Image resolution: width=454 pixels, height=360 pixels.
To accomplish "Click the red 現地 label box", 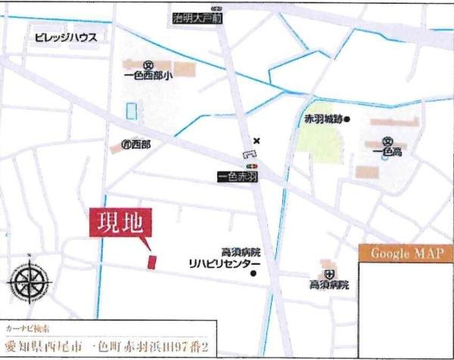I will (123, 224).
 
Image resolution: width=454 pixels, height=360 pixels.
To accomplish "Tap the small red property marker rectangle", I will (151, 262).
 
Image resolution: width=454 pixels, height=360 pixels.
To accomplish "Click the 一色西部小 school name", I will (148, 76).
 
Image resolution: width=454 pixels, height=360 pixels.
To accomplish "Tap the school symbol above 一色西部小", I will (149, 64).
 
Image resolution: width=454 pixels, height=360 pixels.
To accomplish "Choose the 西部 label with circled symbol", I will (135, 144).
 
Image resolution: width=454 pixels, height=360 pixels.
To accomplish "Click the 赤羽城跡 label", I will (323, 119).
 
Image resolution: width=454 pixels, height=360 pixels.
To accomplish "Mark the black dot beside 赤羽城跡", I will (348, 119).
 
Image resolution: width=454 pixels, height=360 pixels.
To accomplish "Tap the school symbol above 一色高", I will (388, 141).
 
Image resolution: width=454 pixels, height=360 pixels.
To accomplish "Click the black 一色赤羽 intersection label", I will (238, 177).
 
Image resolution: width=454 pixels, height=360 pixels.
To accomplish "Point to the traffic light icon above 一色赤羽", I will (251, 166).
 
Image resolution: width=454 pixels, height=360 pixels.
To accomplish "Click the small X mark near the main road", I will (257, 140).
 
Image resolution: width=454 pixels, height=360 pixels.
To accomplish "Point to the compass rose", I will (29, 281).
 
